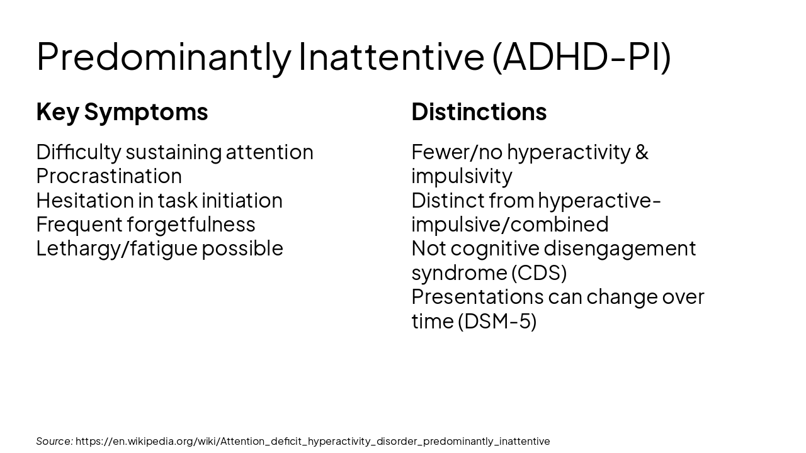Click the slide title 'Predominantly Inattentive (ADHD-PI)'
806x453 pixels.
click(353, 56)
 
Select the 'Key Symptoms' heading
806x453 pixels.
click(122, 112)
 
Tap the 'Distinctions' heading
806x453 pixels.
click(479, 112)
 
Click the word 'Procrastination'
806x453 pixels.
click(109, 176)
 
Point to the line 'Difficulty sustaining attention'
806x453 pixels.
click(174, 152)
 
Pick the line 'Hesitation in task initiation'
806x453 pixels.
click(159, 200)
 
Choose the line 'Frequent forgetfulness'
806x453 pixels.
click(145, 224)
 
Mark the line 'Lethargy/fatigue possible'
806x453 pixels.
click(159, 249)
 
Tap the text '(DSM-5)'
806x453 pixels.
click(497, 321)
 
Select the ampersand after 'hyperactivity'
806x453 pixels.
click(642, 152)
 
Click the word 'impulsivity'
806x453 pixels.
click(462, 176)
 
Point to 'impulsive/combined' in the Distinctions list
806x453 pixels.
click(510, 224)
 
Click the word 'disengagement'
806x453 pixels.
click(620, 249)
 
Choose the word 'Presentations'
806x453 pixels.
click(477, 296)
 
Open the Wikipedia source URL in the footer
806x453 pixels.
click(312, 441)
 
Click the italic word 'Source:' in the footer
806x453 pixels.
click(54, 441)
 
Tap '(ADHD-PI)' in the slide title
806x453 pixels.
click(581, 56)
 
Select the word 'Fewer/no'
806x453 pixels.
click(457, 152)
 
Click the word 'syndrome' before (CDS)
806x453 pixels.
click(458, 272)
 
